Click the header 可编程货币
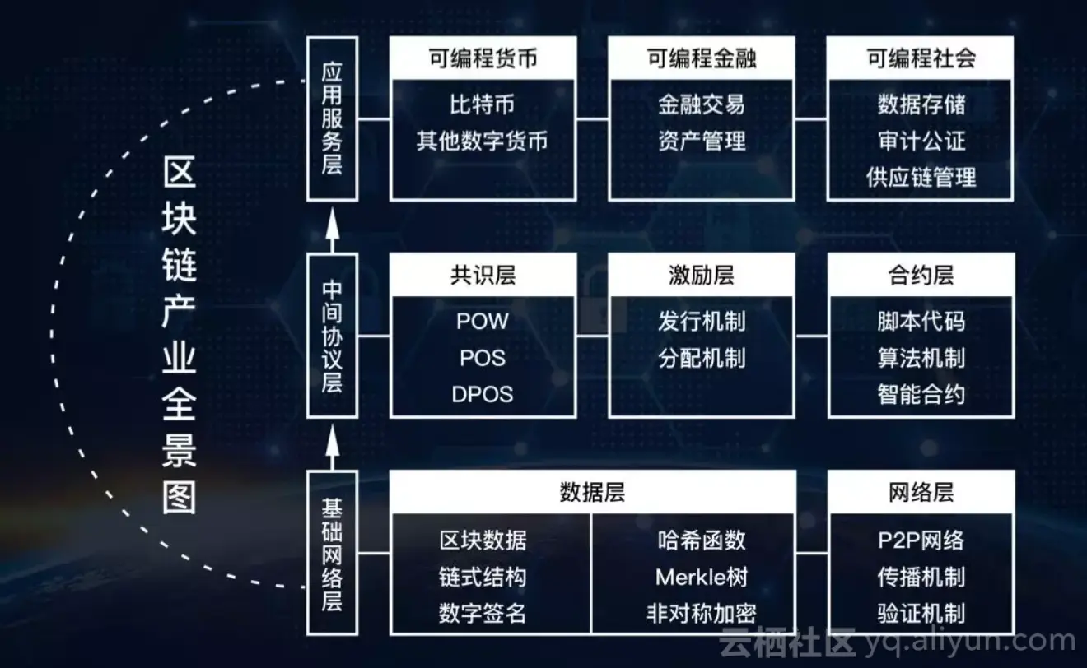click(x=483, y=58)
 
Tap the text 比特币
click(x=483, y=104)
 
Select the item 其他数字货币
click(x=483, y=141)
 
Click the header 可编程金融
click(x=702, y=58)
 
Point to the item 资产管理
click(x=702, y=141)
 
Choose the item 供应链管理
click(x=921, y=177)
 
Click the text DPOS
click(x=483, y=394)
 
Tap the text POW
click(x=483, y=321)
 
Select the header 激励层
click(x=702, y=275)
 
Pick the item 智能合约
click(x=921, y=394)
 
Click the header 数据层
click(x=592, y=492)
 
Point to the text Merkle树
click(x=702, y=577)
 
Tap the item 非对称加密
click(x=702, y=613)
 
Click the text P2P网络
click(x=921, y=540)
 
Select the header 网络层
click(x=921, y=492)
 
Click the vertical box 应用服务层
click(x=332, y=118)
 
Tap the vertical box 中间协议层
click(x=332, y=336)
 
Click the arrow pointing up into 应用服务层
click(x=332, y=227)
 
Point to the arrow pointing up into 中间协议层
click(x=332, y=444)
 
